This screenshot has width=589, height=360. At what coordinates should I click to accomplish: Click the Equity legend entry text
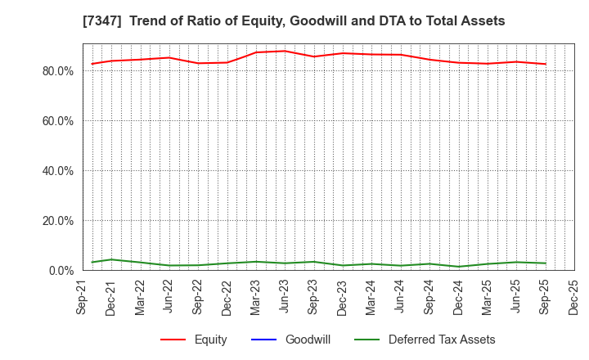point(210,340)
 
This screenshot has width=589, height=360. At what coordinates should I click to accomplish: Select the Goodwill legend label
point(308,340)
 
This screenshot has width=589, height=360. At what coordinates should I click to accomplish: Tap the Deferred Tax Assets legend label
point(442,340)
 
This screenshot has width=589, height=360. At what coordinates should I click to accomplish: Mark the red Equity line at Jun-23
point(285,51)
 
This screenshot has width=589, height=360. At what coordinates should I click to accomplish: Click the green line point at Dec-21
point(111,259)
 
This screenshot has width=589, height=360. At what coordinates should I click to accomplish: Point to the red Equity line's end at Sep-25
point(545,64)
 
